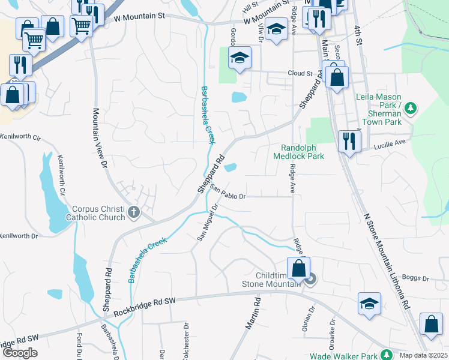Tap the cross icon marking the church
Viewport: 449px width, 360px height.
[x=133, y=212]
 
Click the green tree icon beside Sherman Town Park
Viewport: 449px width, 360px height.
[x=411, y=109]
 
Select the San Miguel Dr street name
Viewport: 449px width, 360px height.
[x=206, y=223]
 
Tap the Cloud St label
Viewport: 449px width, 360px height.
[x=301, y=74]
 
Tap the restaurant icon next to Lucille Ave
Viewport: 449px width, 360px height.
[x=348, y=141]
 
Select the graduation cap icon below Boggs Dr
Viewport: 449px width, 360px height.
[x=369, y=302]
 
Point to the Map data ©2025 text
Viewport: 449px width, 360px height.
[x=423, y=355]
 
